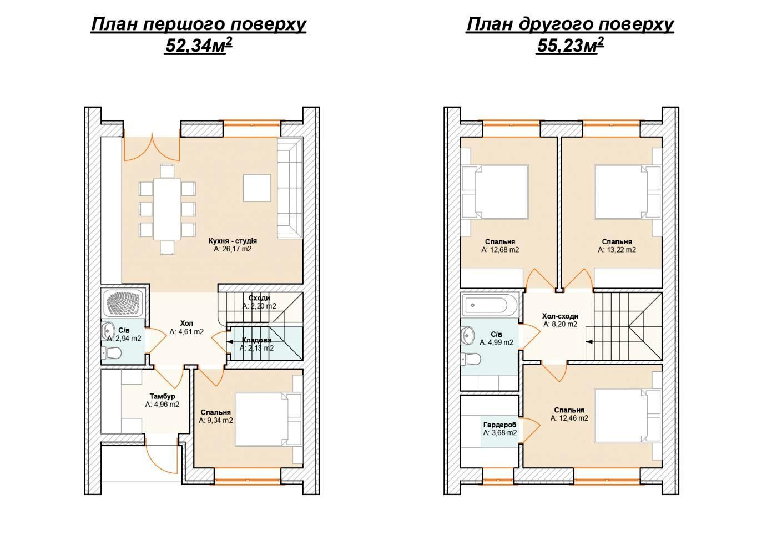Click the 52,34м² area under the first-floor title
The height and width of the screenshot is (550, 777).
[x=199, y=46]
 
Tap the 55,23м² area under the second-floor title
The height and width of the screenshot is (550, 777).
[x=569, y=46]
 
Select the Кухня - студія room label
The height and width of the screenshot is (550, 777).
[x=233, y=241]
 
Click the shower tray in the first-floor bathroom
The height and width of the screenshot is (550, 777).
[x=123, y=303]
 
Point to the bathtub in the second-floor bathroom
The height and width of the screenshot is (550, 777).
[x=490, y=305]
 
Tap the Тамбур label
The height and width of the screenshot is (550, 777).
[x=162, y=396]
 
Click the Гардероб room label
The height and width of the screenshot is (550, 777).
[x=500, y=425]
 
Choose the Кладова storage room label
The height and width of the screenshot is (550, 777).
[x=256, y=340]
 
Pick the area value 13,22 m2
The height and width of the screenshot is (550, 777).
[x=617, y=250]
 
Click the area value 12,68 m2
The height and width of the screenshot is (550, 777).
[x=500, y=250]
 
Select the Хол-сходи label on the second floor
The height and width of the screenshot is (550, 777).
[x=560, y=316]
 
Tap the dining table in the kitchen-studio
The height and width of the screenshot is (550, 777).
[x=168, y=209]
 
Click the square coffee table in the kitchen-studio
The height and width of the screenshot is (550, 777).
[x=256, y=188]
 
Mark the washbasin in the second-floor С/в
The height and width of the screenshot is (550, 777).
[x=468, y=334]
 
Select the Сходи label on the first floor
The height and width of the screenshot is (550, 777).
[x=259, y=298]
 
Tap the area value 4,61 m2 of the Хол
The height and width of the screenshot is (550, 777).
[x=186, y=331]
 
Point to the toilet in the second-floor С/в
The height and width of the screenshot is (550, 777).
[x=471, y=359]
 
